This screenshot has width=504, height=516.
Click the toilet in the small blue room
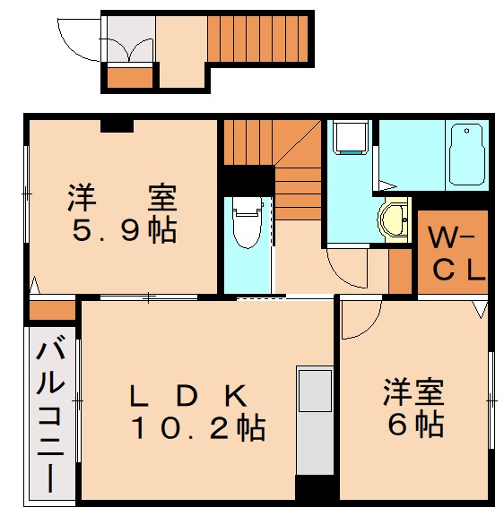click(x=245, y=221)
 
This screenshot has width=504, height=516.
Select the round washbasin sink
click(x=393, y=219)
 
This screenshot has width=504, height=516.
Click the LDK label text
click(x=188, y=393)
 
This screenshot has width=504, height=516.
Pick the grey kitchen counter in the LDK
click(x=314, y=420)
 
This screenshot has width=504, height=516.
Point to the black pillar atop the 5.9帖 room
click(x=117, y=125)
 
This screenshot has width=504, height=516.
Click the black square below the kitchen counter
click(x=314, y=488)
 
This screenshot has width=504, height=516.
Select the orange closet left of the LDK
click(x=51, y=311)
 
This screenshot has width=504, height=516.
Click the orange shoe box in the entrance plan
click(x=131, y=77)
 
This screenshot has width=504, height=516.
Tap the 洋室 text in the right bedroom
click(x=414, y=392)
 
